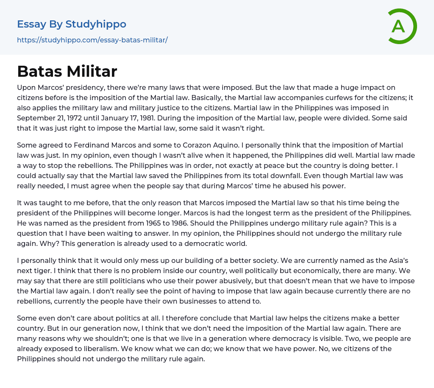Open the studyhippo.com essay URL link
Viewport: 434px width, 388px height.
92,40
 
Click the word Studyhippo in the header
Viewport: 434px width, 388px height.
96,24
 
